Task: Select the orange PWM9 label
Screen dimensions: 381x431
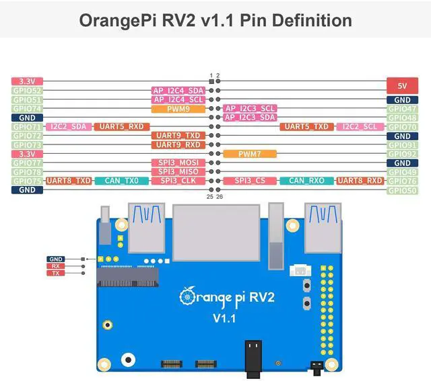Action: tap(178, 108)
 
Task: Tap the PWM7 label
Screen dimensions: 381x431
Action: tap(249, 154)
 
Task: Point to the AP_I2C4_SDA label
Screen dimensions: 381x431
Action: tap(178, 90)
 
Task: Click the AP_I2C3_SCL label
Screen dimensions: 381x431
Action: tap(250, 108)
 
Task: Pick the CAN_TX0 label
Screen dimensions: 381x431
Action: tap(122, 181)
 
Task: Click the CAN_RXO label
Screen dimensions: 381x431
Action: tap(306, 181)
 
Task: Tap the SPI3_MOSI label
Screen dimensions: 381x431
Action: tap(178, 163)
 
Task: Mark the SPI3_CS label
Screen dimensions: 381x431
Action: tap(250, 181)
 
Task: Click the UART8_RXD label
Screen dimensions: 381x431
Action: tap(360, 181)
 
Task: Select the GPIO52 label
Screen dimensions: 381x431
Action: tap(28, 90)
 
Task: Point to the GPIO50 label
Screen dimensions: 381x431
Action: tap(402, 190)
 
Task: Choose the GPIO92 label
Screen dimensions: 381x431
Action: tap(402, 154)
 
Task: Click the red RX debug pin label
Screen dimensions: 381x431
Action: tap(56, 265)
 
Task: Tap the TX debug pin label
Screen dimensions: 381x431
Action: tap(56, 273)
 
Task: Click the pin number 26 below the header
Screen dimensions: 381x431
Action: tap(220, 197)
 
